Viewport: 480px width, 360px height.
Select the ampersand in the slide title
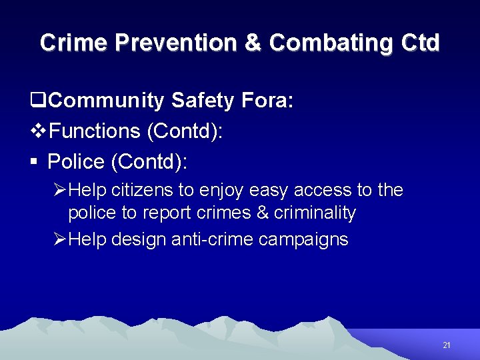(x=253, y=43)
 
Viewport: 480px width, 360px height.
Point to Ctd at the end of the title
(x=421, y=43)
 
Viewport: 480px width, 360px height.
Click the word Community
(x=107, y=101)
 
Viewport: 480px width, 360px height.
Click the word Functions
(x=95, y=131)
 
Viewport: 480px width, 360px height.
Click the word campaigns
(x=310, y=239)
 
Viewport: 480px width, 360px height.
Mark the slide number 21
(x=447, y=345)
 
